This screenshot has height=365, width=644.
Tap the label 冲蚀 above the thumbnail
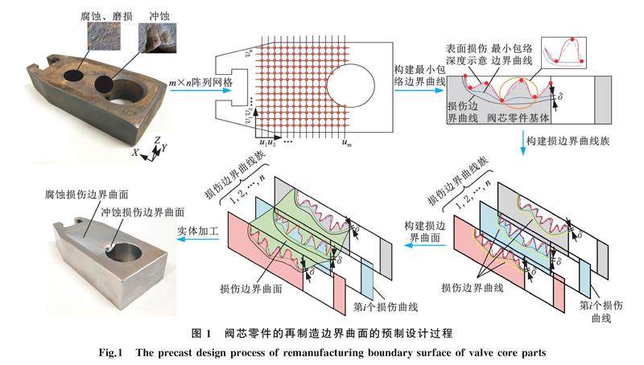pyautogui.click(x=158, y=14)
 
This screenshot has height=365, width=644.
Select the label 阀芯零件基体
pyautogui.click(x=522, y=118)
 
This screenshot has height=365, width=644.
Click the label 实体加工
pyautogui.click(x=194, y=232)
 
